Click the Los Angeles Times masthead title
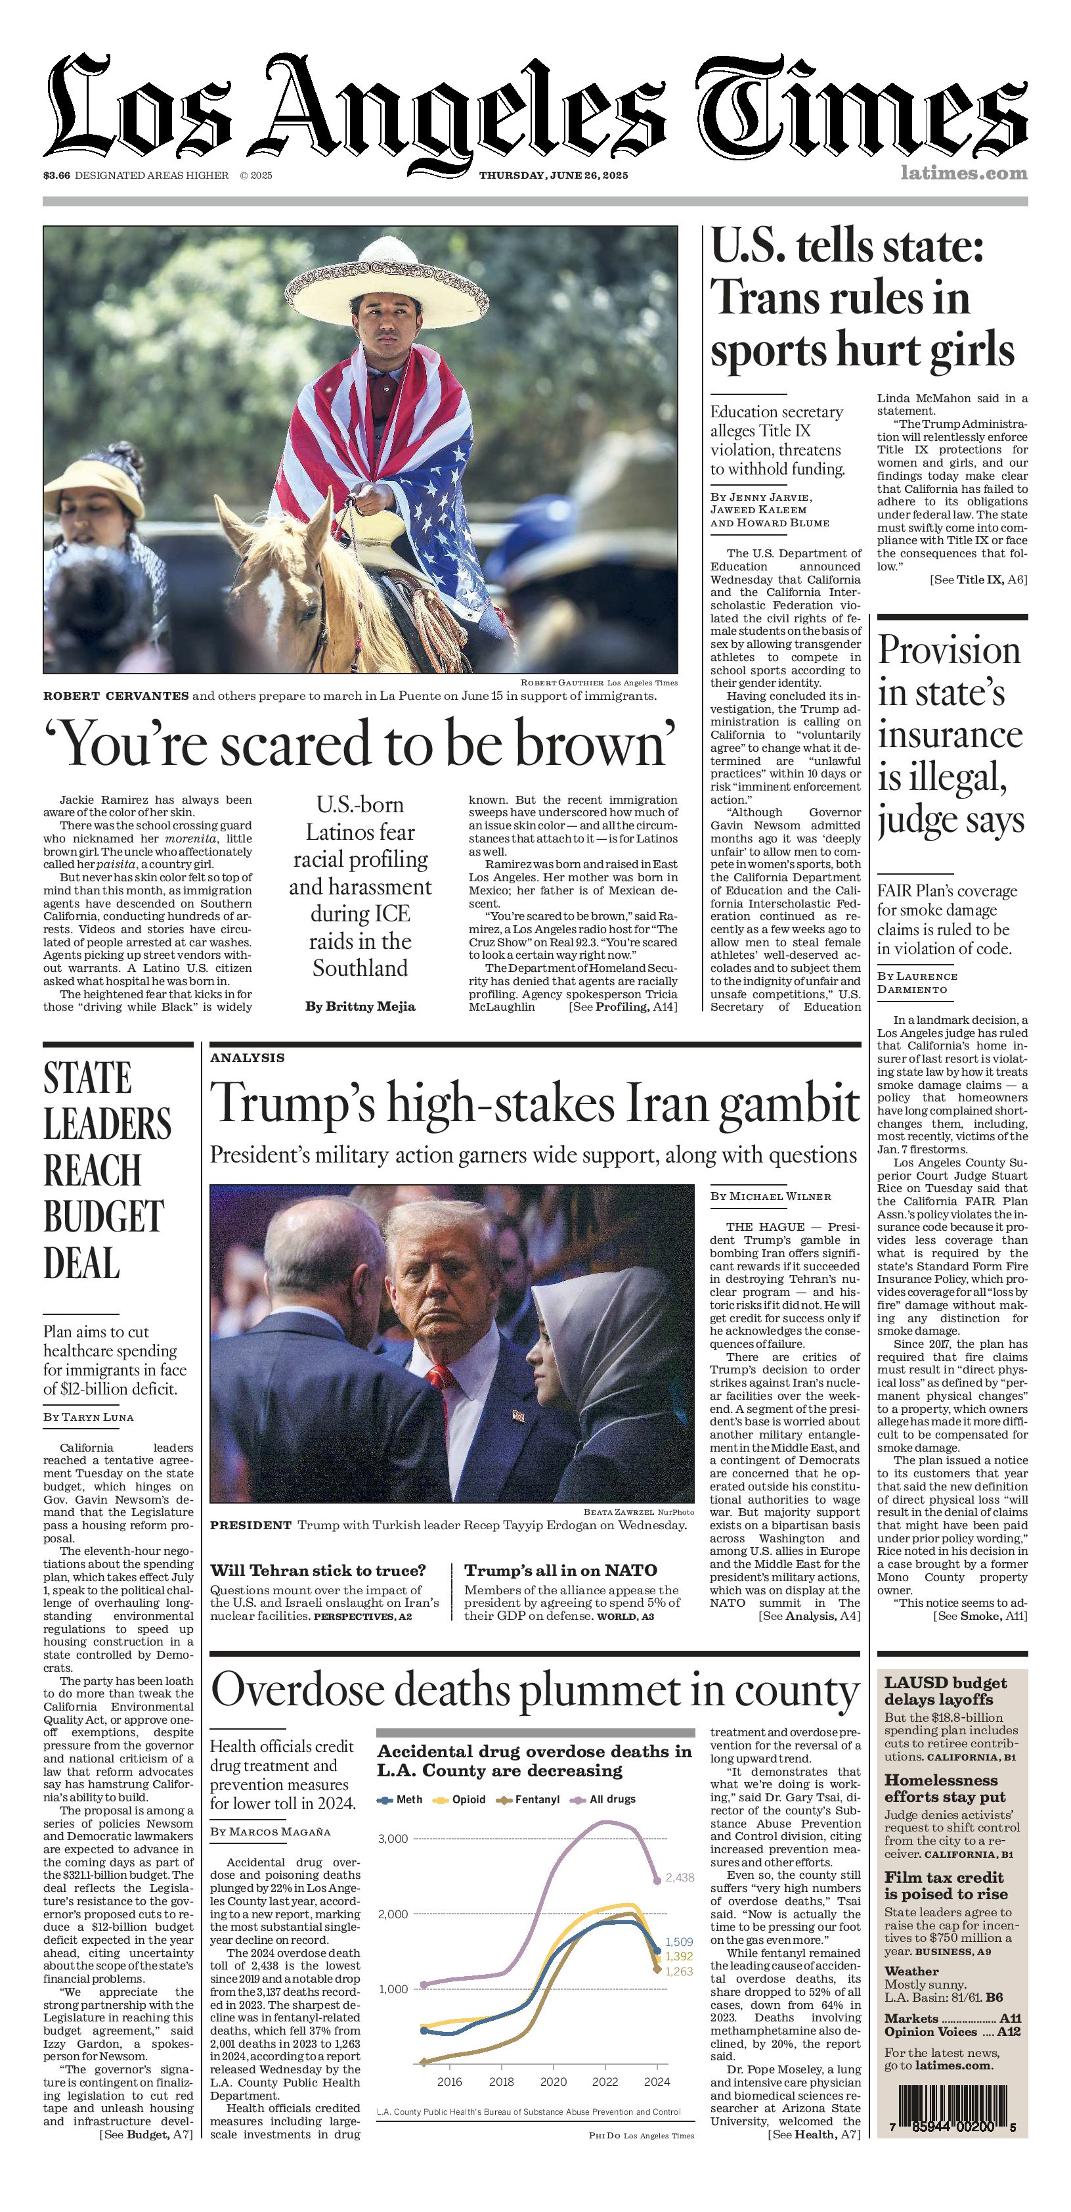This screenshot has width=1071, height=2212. click(536, 107)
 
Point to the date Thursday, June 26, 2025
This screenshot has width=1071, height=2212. click(554, 175)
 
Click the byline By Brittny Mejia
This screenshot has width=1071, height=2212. click(361, 1006)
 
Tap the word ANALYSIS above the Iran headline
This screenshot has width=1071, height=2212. click(247, 1058)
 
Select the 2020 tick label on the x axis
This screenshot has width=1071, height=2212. click(554, 2081)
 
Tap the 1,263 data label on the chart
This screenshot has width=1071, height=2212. click(679, 1971)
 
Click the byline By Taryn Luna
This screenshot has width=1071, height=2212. click(89, 1417)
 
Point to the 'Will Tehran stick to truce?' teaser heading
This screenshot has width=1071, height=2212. click(318, 1571)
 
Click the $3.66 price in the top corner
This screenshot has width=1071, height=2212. click(56, 175)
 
